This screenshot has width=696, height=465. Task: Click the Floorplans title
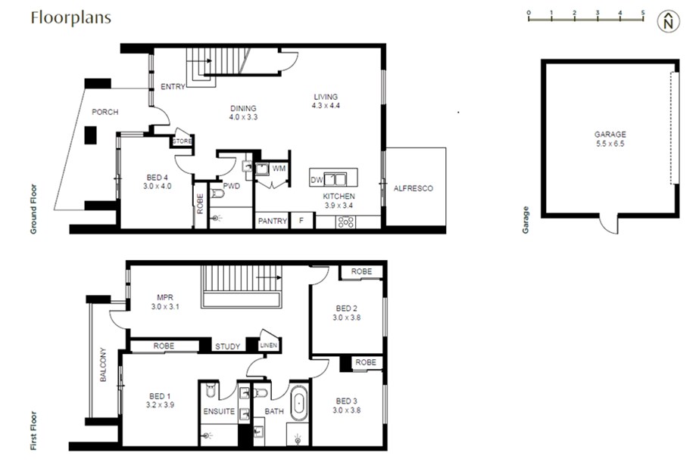pyautogui.click(x=71, y=17)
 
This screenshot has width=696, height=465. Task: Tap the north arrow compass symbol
pyautogui.click(x=669, y=21)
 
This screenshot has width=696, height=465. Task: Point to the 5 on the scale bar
pyautogui.click(x=643, y=13)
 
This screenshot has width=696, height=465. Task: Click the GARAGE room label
pyautogui.click(x=610, y=135)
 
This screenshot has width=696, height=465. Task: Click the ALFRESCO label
pyautogui.click(x=414, y=188)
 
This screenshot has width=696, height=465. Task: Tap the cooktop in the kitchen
pyautogui.click(x=346, y=222)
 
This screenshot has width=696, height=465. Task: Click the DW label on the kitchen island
pyautogui.click(x=317, y=180)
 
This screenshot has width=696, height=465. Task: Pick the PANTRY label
pyautogui.click(x=273, y=221)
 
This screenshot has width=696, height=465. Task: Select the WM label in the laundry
pyautogui.click(x=279, y=169)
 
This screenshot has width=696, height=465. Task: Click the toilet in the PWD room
pyautogui.click(x=217, y=194)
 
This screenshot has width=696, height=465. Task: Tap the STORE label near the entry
pyautogui.click(x=182, y=141)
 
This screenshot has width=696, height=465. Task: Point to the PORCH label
pyautogui.click(x=105, y=112)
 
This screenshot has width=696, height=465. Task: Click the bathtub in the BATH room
pyautogui.click(x=298, y=403)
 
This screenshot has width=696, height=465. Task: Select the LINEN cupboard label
pyautogui.click(x=269, y=346)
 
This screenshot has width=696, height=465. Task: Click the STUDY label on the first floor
pyautogui.click(x=228, y=346)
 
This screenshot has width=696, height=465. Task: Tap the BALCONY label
pyautogui.click(x=103, y=365)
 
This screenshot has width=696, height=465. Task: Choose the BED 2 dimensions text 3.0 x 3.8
pyautogui.click(x=347, y=318)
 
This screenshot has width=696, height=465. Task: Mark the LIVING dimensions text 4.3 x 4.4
pyautogui.click(x=326, y=106)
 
